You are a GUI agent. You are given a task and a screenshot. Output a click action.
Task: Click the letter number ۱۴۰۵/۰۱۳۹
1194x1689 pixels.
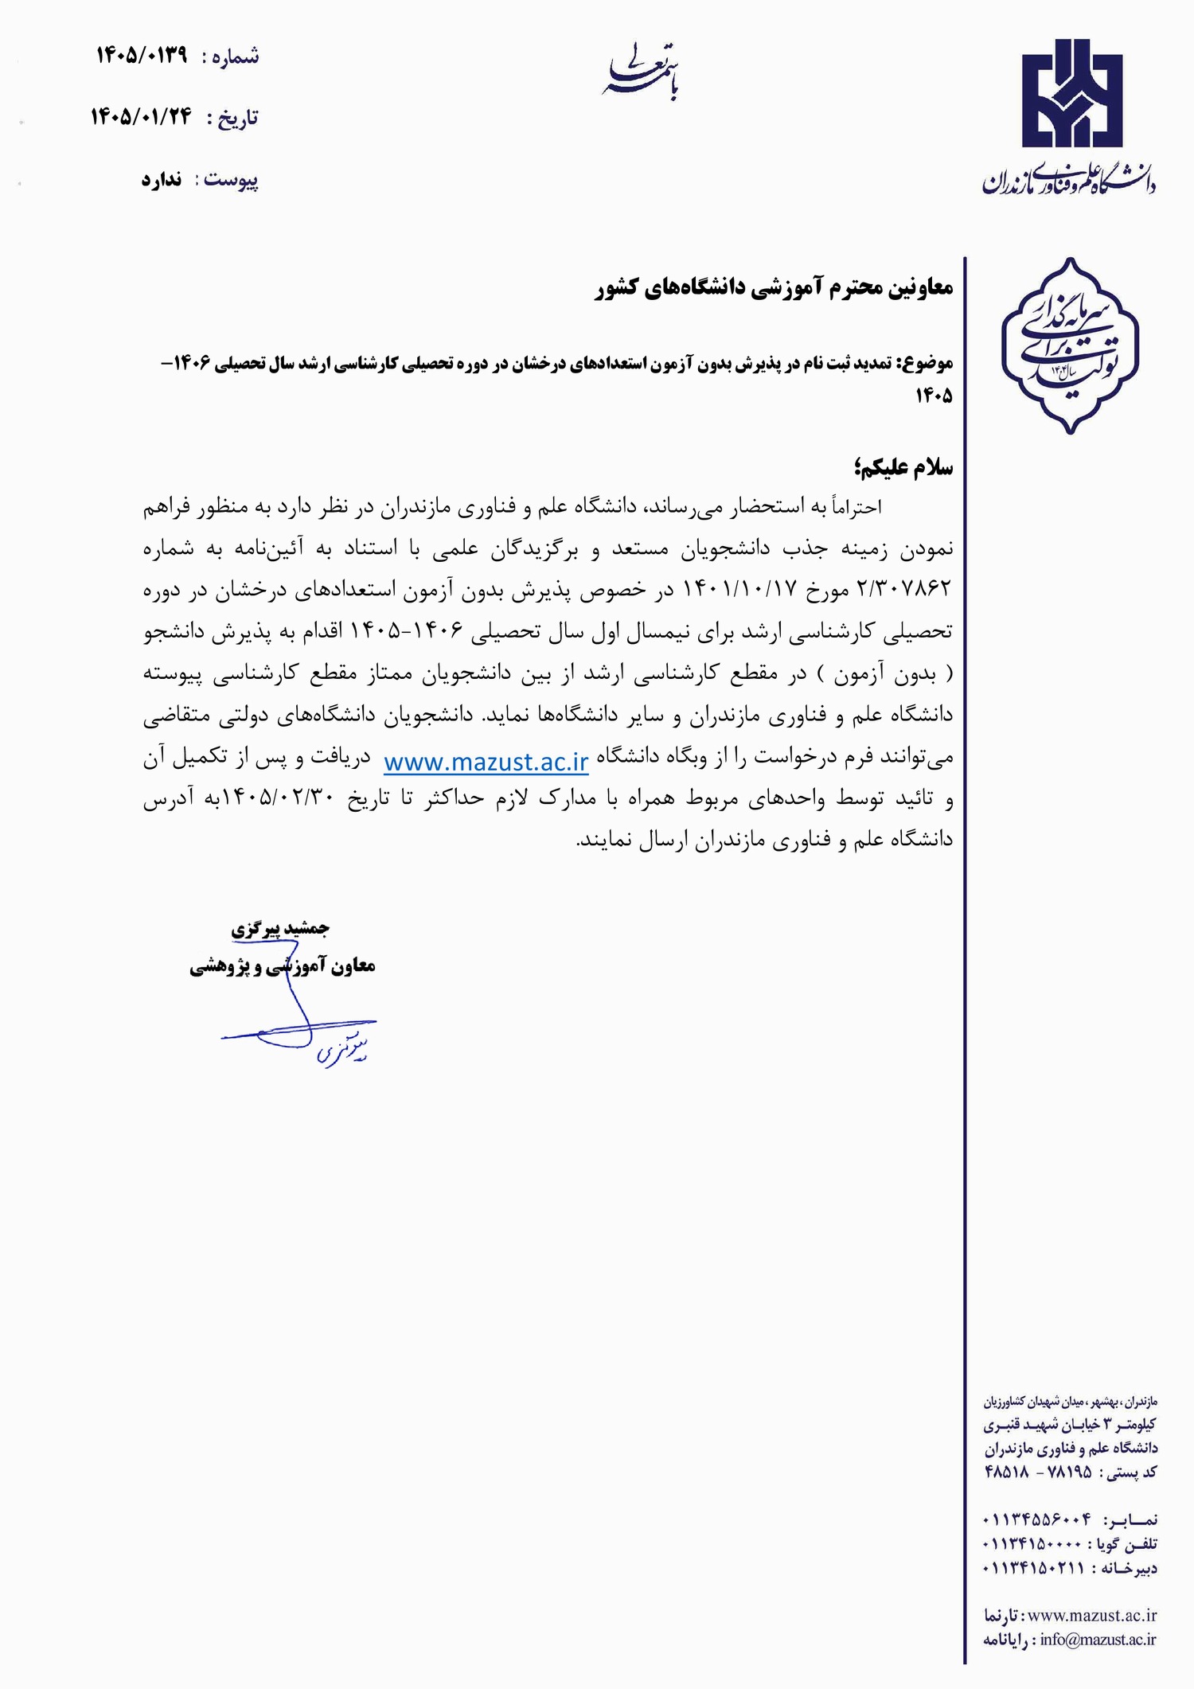pos(142,56)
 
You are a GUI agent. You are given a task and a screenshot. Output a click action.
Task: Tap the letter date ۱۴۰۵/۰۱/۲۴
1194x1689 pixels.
pos(141,117)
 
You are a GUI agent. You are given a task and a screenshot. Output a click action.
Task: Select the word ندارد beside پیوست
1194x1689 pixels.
pos(162,179)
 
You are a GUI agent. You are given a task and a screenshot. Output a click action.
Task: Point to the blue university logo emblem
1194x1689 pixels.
pos(1072,94)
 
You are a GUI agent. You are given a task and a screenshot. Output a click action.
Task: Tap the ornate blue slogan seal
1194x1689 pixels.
pos(1070,345)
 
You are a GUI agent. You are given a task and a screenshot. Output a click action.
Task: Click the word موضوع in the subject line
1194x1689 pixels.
pos(924,364)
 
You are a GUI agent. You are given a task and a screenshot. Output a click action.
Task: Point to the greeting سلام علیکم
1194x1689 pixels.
pos(903,466)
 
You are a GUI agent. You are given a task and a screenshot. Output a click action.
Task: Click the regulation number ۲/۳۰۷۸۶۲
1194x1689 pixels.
pos(904,589)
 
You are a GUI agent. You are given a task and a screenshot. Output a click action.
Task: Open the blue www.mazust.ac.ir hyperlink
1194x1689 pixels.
pos(486,762)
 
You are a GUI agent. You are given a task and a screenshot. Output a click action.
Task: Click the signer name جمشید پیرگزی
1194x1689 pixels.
pos(280,928)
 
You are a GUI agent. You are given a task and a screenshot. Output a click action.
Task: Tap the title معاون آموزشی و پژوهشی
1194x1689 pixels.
pos(283,966)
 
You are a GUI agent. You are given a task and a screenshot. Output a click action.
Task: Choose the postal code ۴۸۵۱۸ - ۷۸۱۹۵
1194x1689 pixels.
pos(1037,1472)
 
